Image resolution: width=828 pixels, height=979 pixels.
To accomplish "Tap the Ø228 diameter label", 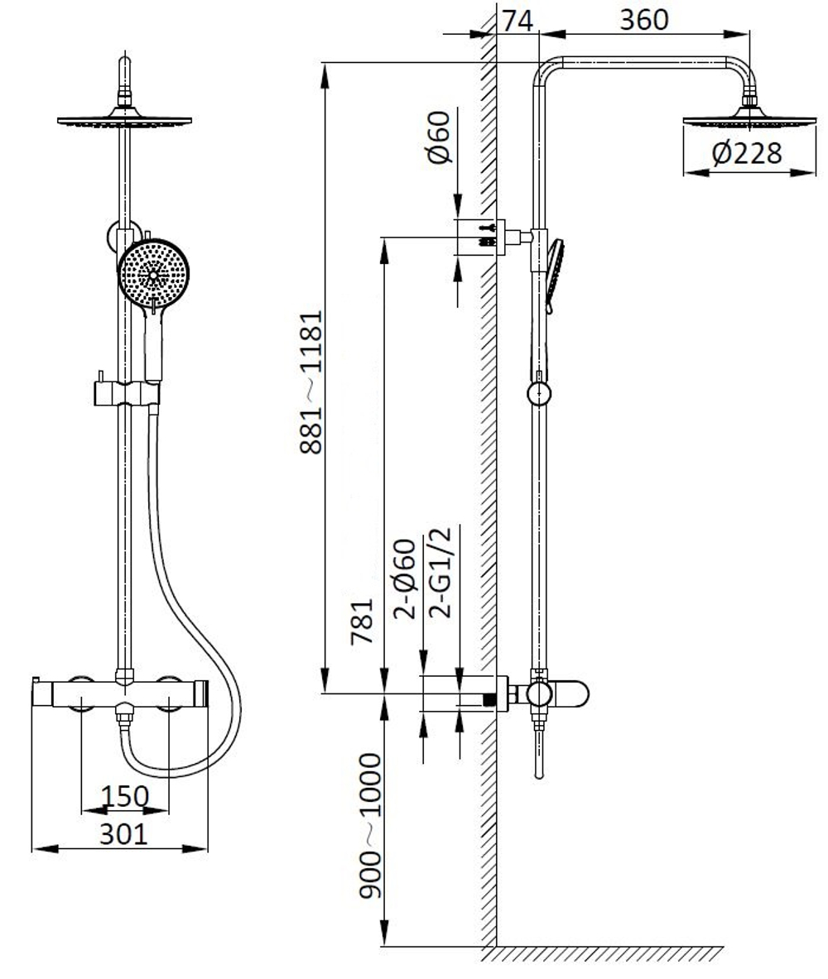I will tap(745, 154).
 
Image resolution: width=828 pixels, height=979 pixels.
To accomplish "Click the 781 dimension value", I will tap(363, 621).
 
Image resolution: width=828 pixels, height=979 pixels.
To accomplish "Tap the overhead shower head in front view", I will tap(125, 118).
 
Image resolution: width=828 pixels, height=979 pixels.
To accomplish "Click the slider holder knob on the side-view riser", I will tap(539, 391).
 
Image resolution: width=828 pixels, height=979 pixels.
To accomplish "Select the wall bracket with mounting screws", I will tap(489, 235).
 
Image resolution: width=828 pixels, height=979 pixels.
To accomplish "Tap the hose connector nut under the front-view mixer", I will tap(124, 713).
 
